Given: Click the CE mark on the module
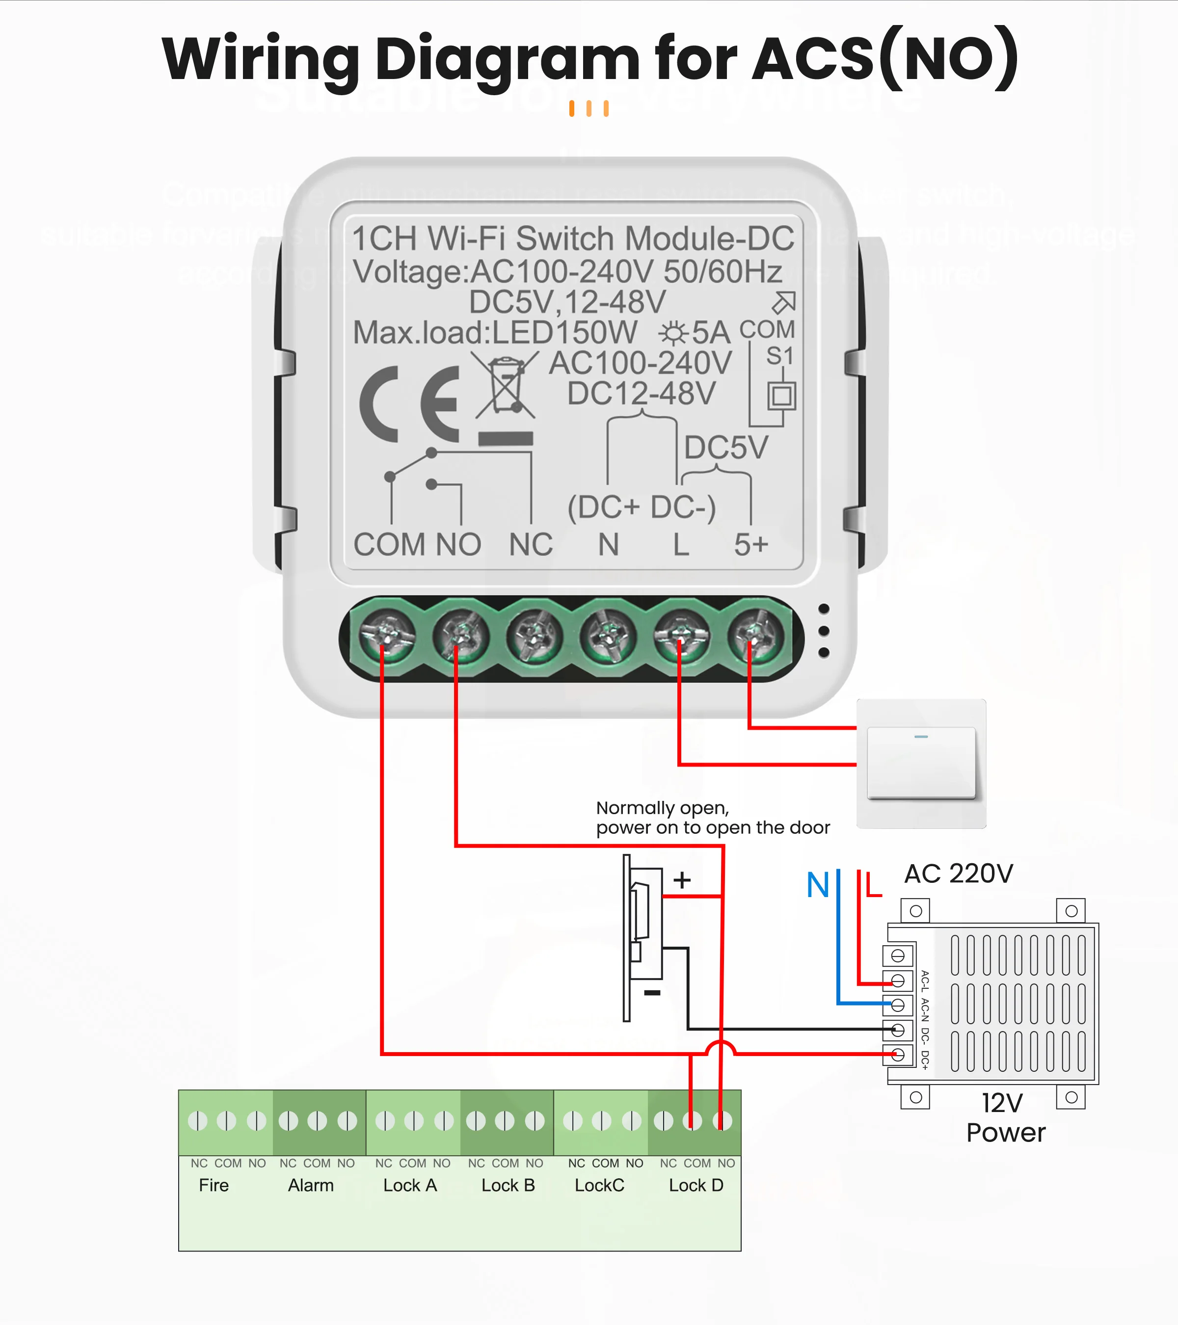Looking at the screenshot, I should pos(410,404).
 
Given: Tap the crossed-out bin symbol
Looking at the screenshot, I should pos(505,387).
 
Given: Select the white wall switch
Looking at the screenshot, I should pos(921,763).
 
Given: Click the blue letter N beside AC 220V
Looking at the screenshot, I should pos(818,885).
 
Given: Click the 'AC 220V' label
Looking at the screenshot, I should pos(958,874).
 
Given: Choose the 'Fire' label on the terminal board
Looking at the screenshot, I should pos(214,1185).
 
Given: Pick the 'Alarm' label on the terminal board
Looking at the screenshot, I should pos(311,1185).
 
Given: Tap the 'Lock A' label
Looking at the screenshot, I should pos(410,1185).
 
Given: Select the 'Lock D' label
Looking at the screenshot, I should pos(696,1185).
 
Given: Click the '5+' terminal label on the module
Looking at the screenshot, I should pos(751,545).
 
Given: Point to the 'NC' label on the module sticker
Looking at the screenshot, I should pos(530,545).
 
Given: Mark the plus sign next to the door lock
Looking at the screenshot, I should pos(681,880).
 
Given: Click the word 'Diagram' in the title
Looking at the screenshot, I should pos(507,60).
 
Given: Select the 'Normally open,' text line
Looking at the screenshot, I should pos(662,808).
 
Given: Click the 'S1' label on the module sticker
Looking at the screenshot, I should pos(779,356).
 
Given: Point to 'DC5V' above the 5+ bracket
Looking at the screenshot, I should pos(726,447).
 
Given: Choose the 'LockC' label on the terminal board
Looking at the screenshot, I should pos(599,1185).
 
